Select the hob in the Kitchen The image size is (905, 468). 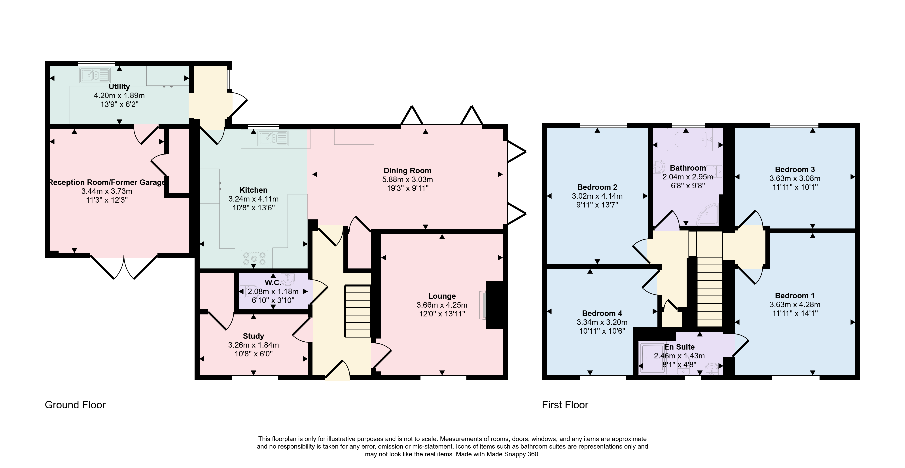(254, 259)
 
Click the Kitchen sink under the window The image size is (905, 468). (273, 138)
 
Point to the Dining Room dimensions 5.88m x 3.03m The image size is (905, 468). (407, 179)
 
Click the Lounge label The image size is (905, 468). (442, 296)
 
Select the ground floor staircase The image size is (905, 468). (358, 312)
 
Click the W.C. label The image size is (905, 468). (273, 283)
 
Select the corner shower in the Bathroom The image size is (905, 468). (707, 214)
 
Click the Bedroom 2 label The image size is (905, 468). (597, 187)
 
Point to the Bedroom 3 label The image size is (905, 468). (795, 169)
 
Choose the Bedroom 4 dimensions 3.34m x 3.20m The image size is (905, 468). (602, 322)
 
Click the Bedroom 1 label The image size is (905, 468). (795, 296)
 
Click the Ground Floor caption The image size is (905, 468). (75, 405)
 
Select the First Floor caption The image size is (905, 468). (565, 405)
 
